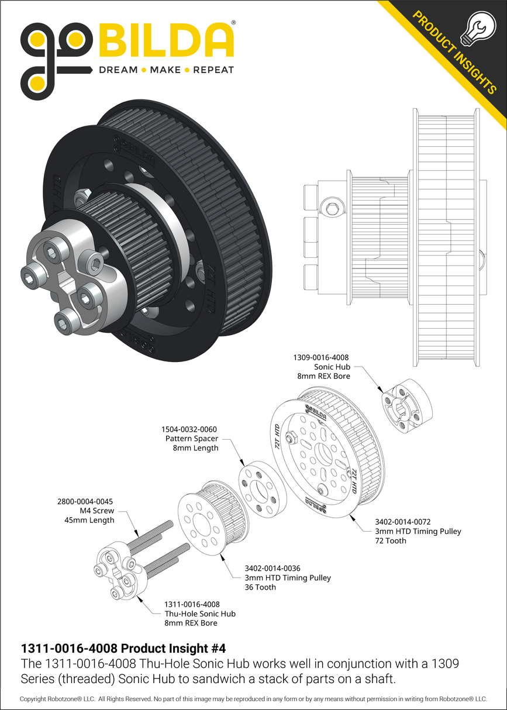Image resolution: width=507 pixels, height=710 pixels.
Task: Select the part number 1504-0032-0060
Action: (191, 429)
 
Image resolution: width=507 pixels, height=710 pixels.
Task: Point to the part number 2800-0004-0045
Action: (85, 501)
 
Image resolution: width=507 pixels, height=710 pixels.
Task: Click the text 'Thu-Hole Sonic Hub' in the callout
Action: (200, 614)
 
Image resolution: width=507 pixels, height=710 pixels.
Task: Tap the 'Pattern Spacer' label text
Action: (192, 438)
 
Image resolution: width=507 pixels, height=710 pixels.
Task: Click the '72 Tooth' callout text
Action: (391, 540)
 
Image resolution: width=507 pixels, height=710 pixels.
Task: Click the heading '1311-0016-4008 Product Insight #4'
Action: (123, 649)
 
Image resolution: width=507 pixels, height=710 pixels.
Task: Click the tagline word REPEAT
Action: (213, 70)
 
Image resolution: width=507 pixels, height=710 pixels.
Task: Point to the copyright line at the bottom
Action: (253, 699)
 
